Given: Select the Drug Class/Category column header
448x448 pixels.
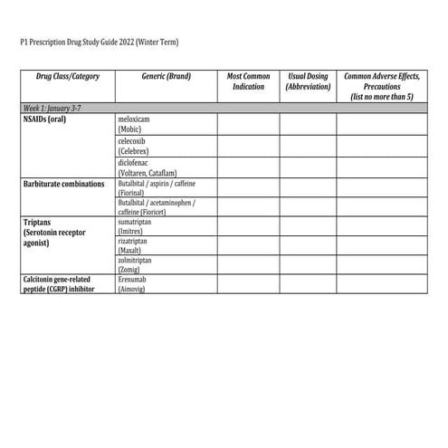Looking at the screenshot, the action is click(68, 77).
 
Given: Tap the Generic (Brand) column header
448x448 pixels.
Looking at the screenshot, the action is click(166, 77).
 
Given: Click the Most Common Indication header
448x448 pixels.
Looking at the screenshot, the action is click(247, 81).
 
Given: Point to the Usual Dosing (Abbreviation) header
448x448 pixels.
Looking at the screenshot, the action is click(308, 81).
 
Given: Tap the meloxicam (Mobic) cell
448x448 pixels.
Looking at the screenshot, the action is click(137, 124).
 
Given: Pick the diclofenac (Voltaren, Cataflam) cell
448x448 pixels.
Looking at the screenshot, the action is click(146, 167).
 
